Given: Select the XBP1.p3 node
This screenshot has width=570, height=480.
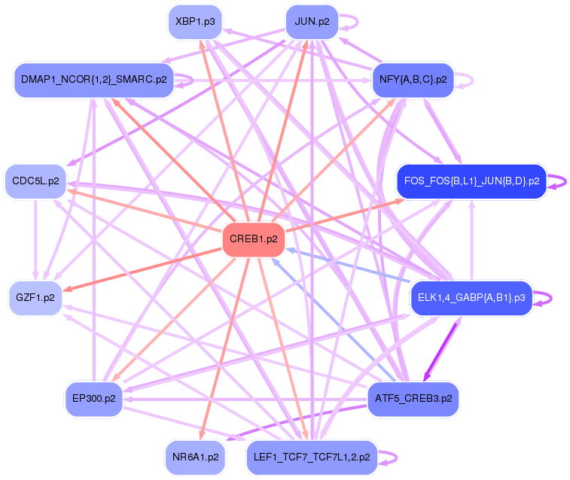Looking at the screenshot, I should pos(195,21).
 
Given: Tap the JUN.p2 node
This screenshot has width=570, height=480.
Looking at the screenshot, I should pos(312,21).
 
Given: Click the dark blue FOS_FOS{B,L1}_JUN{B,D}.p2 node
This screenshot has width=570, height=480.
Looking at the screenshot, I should pos(471,181).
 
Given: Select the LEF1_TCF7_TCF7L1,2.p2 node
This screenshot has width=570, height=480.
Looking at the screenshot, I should pos(311,457).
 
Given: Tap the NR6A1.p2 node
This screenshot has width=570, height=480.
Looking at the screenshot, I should pos(195,457).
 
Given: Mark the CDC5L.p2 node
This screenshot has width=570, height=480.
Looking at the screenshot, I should pos(35,181).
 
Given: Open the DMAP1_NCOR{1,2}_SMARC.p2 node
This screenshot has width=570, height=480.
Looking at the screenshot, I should pos(93,79).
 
